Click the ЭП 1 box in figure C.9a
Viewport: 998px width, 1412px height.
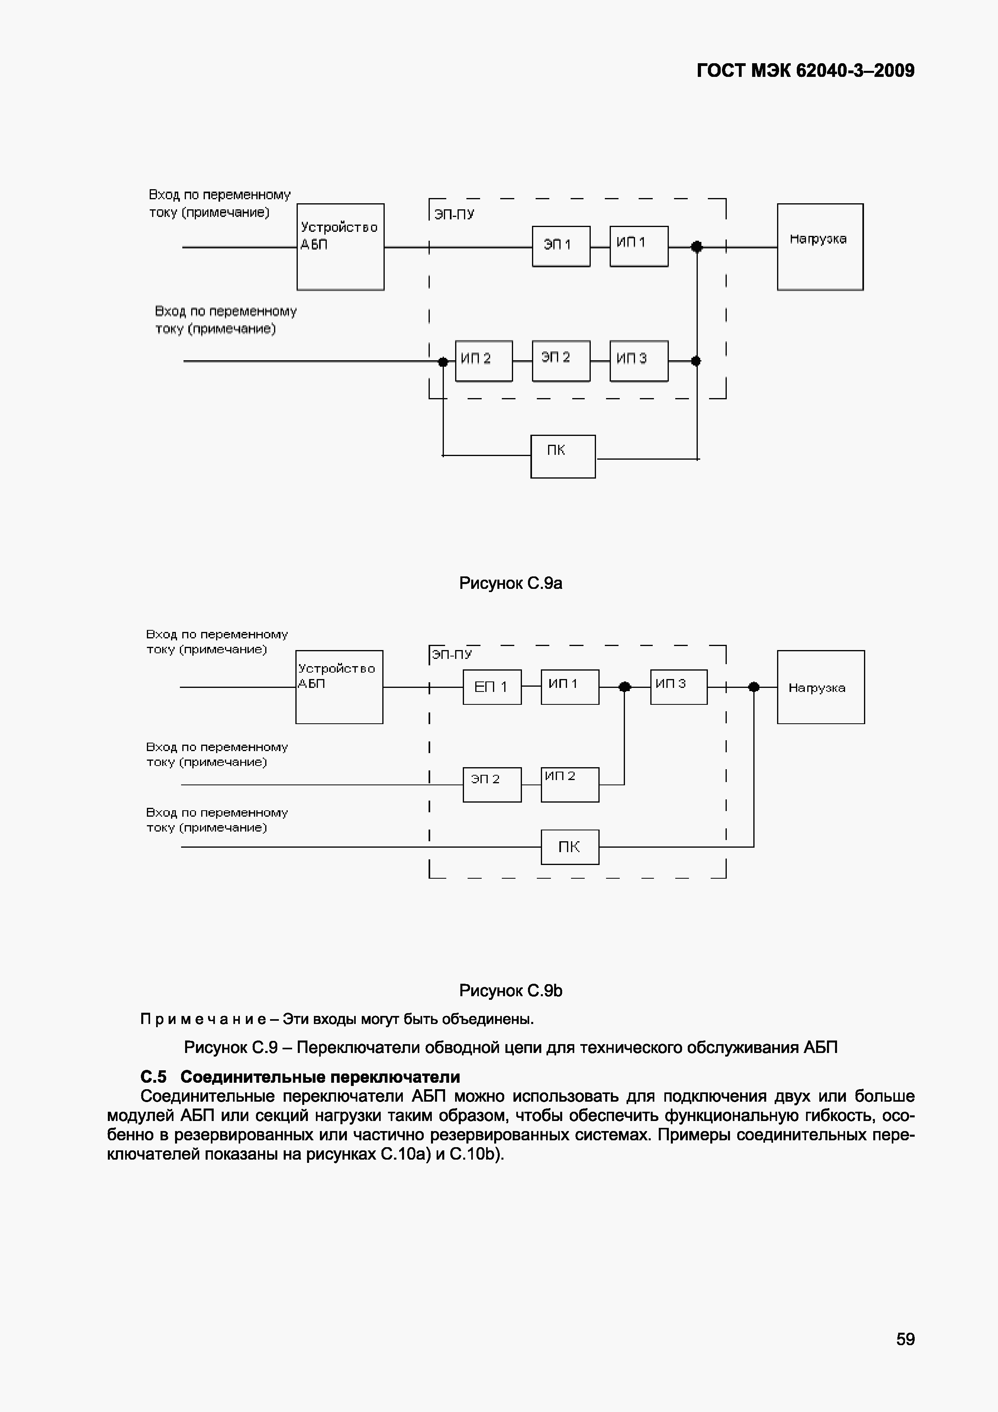[x=561, y=246]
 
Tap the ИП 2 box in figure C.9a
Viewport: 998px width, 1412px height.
[x=483, y=361]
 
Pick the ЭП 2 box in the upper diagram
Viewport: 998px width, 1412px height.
[x=561, y=361]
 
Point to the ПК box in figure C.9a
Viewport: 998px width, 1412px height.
[x=563, y=456]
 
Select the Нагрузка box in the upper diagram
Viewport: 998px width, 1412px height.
[x=820, y=247]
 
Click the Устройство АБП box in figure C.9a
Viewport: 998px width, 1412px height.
[x=340, y=247]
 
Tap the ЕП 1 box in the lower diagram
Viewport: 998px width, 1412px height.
[x=492, y=687]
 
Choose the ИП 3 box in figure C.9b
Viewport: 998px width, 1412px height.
[x=678, y=687]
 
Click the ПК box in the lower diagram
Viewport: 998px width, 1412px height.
[x=569, y=847]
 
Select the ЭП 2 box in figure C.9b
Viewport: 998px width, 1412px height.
[x=492, y=785]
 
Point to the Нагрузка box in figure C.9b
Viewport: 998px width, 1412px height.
[x=820, y=687]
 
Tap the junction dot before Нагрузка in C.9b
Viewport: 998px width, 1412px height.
[x=754, y=687]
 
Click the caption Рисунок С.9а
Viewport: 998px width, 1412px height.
[x=510, y=583]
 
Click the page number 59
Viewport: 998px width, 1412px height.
[x=905, y=1339]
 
